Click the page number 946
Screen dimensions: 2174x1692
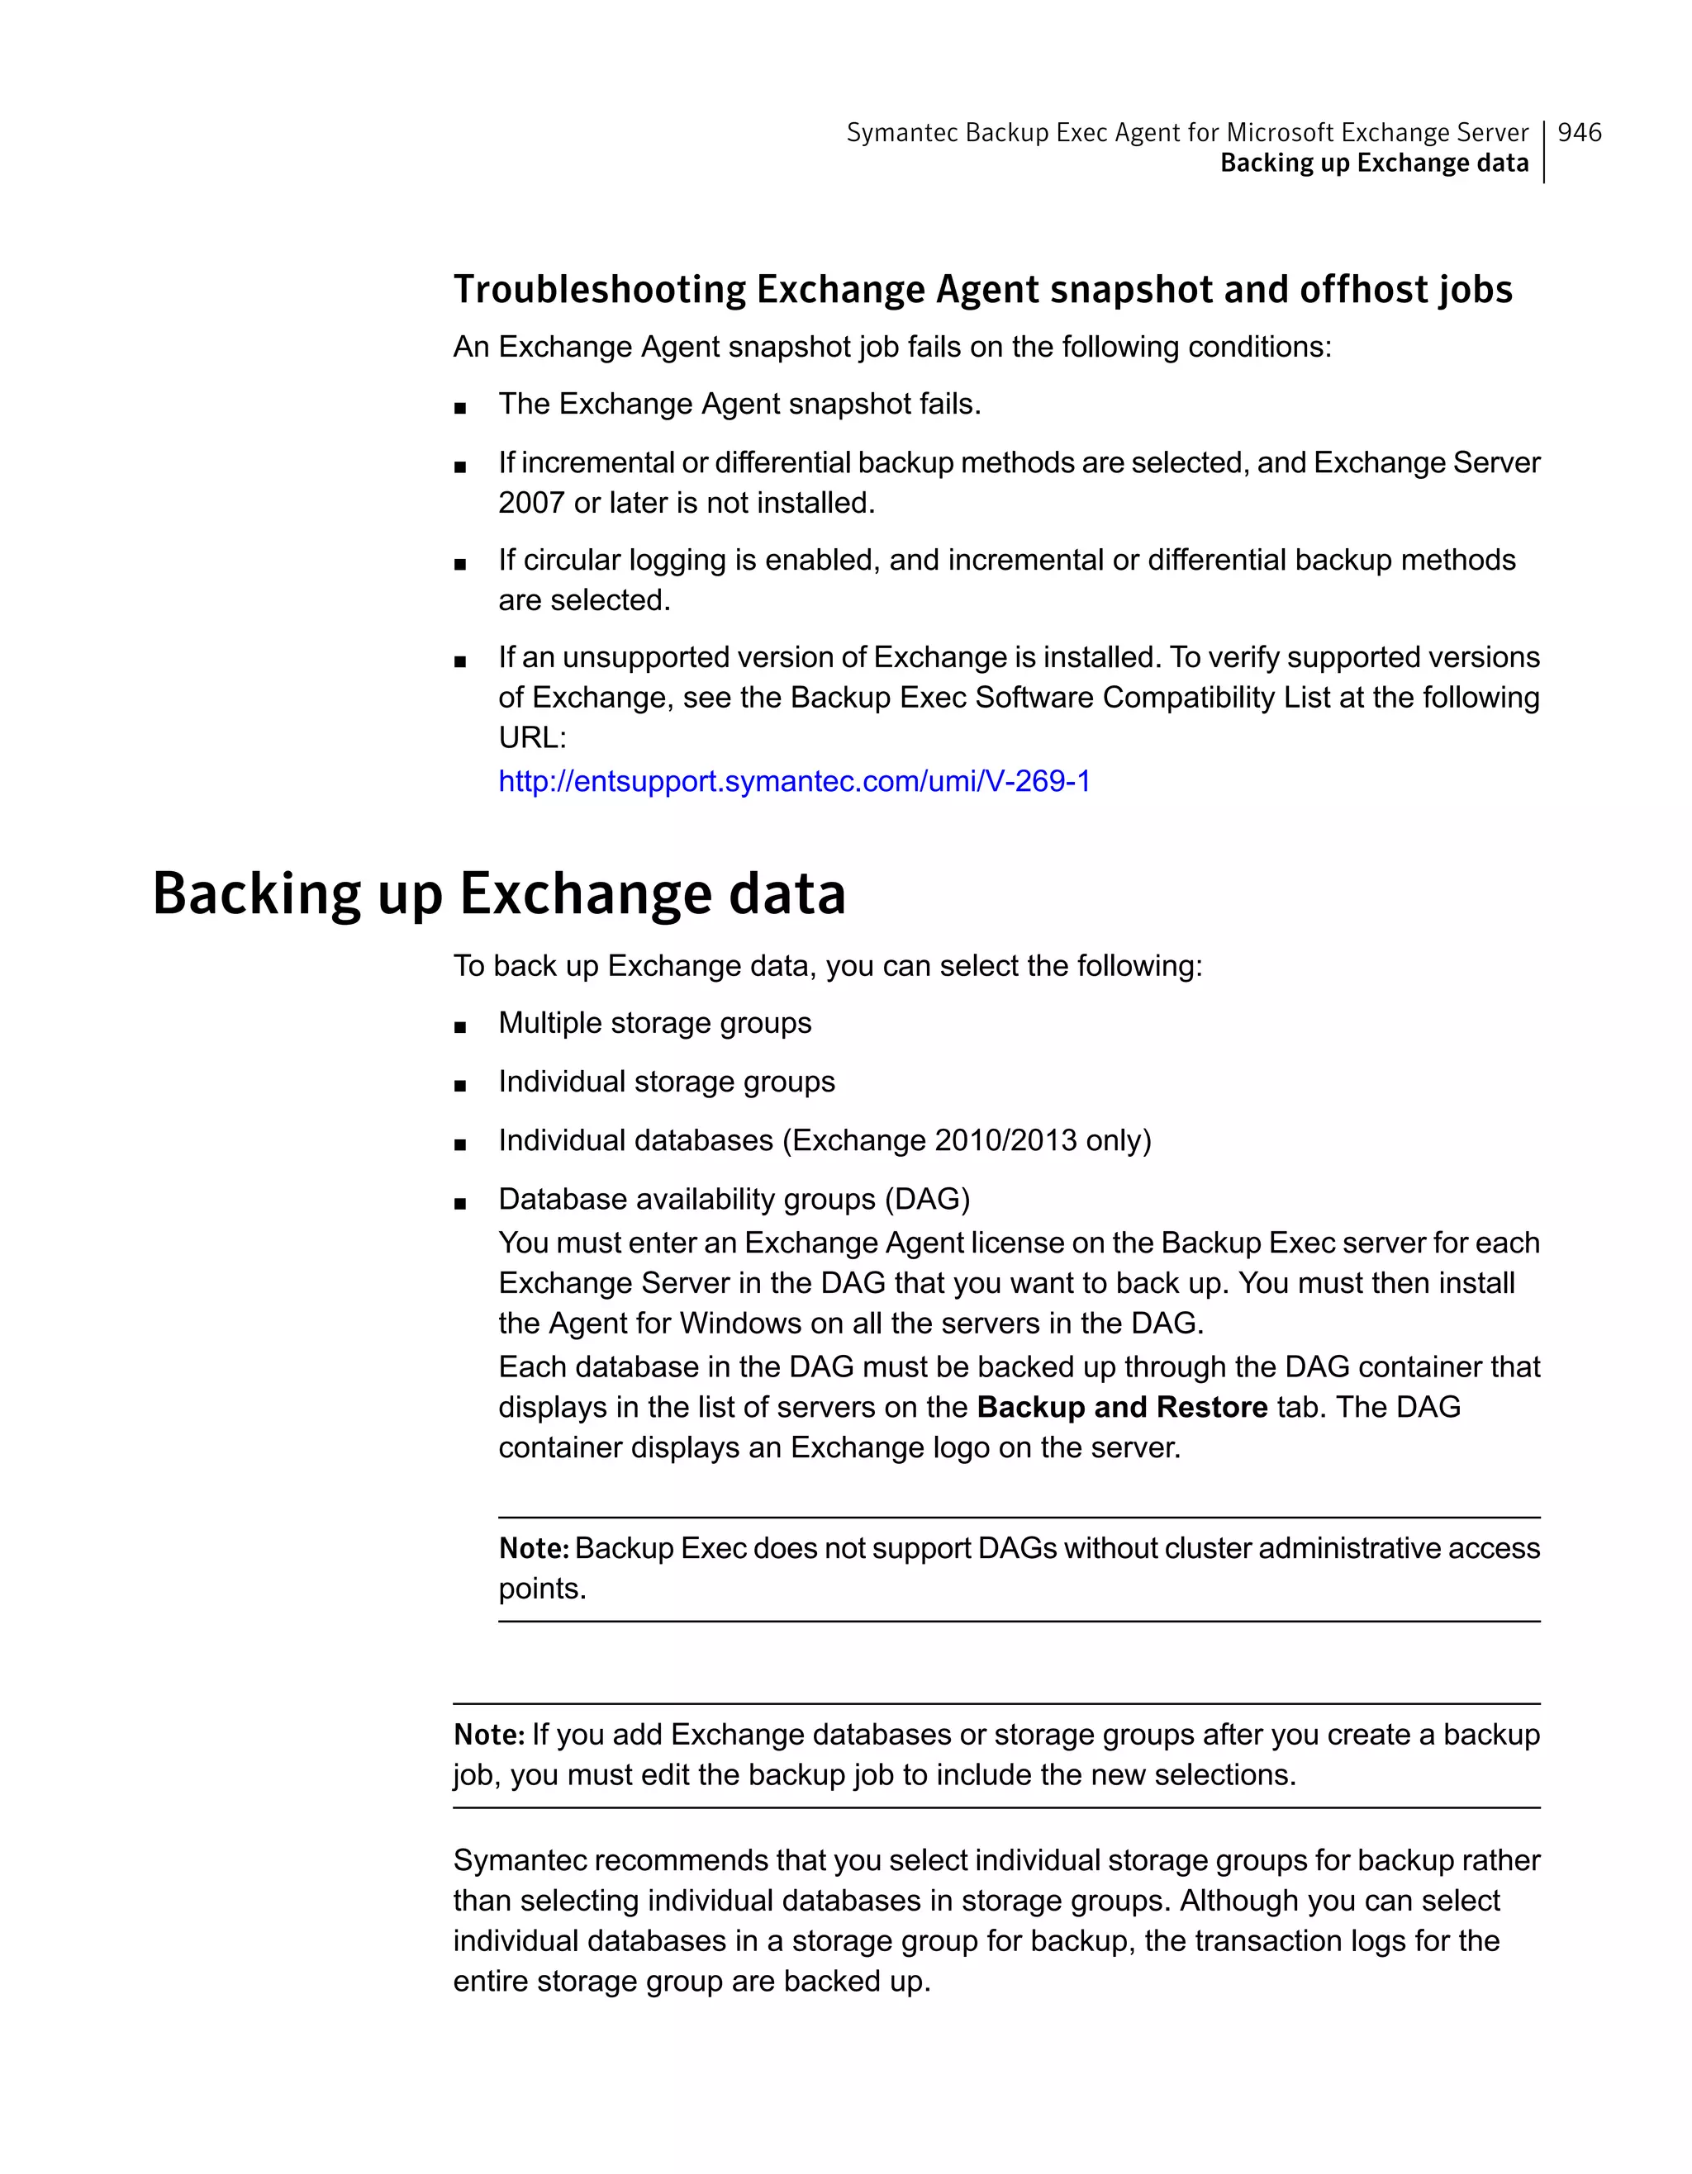point(1579,132)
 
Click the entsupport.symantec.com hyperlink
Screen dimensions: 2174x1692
point(794,781)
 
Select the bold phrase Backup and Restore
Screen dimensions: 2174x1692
point(1121,1408)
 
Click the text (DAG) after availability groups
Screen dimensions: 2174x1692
point(926,1200)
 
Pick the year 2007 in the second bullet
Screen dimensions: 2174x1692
point(530,504)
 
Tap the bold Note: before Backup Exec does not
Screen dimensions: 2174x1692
point(533,1549)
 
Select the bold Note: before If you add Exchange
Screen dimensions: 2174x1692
point(488,1735)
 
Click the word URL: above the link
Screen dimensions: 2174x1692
point(532,739)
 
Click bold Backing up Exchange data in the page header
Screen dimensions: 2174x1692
point(1373,163)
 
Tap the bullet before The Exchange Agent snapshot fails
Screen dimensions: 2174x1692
point(460,408)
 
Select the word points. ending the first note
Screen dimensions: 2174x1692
point(542,1589)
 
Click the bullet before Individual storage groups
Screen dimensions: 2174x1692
point(460,1086)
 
